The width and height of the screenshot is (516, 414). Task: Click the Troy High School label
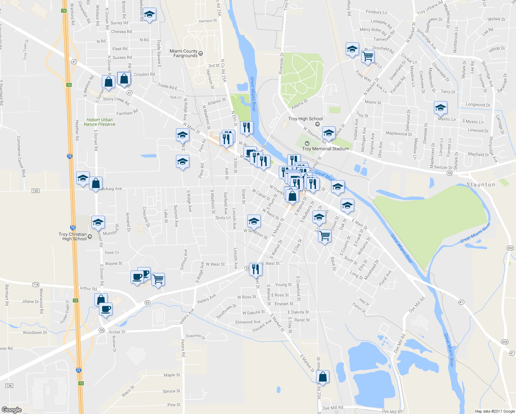(x=305, y=119)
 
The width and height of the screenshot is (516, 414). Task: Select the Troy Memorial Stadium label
(x=325, y=149)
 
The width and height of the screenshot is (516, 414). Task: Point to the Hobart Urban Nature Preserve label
(x=99, y=122)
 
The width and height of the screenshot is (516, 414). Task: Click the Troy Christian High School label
(x=73, y=237)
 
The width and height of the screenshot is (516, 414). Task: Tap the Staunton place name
(x=480, y=185)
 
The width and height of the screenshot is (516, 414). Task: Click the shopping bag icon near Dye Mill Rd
(x=322, y=377)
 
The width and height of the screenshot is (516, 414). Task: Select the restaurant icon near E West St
(x=255, y=269)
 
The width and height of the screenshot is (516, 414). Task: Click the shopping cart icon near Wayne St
(x=158, y=279)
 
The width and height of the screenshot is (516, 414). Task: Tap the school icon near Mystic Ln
(x=440, y=108)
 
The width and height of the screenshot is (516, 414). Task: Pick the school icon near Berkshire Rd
(x=149, y=14)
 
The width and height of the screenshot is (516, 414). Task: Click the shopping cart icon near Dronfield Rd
(x=368, y=56)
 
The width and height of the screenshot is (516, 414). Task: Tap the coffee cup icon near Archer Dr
(x=106, y=308)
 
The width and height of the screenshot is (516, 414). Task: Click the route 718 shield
(x=36, y=285)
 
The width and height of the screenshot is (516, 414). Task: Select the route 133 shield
(x=35, y=191)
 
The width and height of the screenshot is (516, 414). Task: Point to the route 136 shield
(x=9, y=386)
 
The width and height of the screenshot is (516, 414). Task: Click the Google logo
(x=11, y=410)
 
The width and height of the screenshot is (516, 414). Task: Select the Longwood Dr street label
(x=478, y=105)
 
